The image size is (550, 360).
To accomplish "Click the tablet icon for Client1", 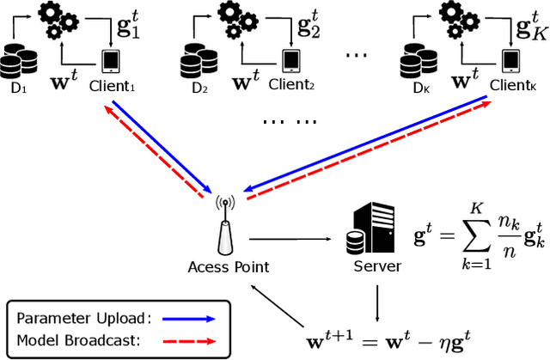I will [x=111, y=61].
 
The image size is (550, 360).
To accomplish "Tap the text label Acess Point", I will [x=229, y=267].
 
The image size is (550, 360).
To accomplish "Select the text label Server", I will [x=377, y=267].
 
